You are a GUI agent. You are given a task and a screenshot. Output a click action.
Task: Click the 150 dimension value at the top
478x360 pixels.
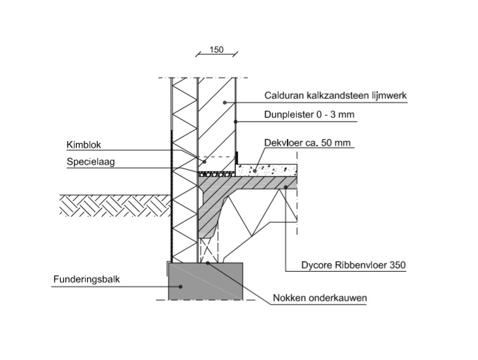pos(216,50)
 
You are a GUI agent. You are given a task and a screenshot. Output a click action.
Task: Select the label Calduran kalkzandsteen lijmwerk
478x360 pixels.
pos(335,95)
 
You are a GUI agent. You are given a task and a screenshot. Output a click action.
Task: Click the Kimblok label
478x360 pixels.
pos(82,144)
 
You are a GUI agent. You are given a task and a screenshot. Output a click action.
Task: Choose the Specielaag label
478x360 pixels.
pos(90,162)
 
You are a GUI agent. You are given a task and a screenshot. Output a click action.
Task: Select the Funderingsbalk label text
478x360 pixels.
pos(86,280)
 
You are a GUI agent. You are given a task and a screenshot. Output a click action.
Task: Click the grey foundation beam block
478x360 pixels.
pos(205,282)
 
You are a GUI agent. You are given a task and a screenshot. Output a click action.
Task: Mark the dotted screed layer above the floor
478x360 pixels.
pos(268,169)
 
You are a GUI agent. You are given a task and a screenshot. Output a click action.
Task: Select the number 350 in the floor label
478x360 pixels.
pos(398,265)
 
